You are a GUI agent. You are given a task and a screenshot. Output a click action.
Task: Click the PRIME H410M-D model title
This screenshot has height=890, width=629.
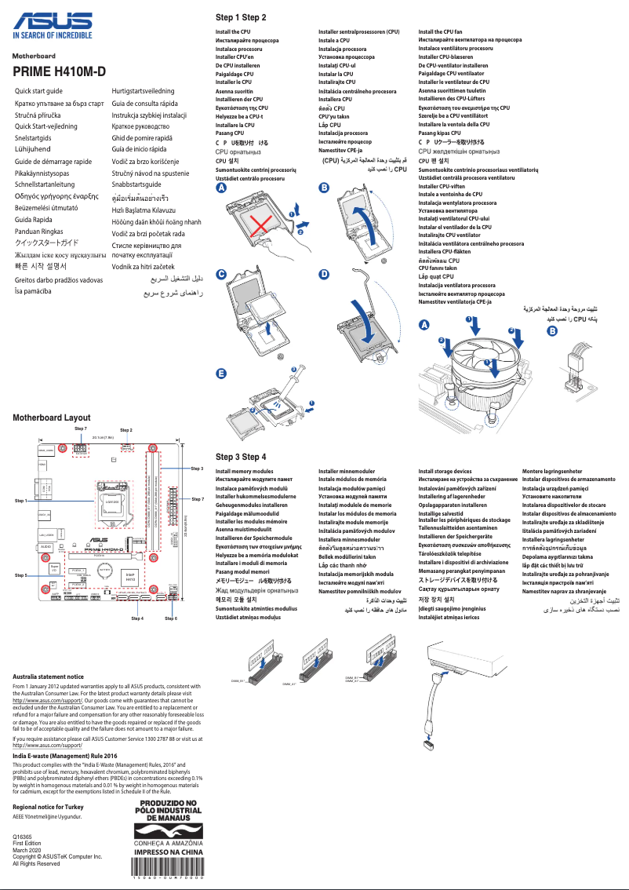coord(60,73)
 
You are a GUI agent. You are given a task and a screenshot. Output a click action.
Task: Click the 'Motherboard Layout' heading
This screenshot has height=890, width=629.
coord(52,418)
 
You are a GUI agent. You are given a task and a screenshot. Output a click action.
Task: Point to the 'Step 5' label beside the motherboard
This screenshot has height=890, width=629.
coord(21,575)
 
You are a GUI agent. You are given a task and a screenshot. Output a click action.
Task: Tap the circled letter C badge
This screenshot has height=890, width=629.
coord(221,274)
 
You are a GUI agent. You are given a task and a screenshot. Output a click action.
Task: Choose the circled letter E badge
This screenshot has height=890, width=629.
coord(221,373)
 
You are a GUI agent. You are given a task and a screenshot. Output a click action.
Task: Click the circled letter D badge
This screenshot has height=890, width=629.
coord(324,274)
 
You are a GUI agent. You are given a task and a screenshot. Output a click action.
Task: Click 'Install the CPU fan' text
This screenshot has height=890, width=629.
coord(440,31)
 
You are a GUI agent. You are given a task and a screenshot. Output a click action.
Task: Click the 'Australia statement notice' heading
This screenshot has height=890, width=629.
coord(49,677)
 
